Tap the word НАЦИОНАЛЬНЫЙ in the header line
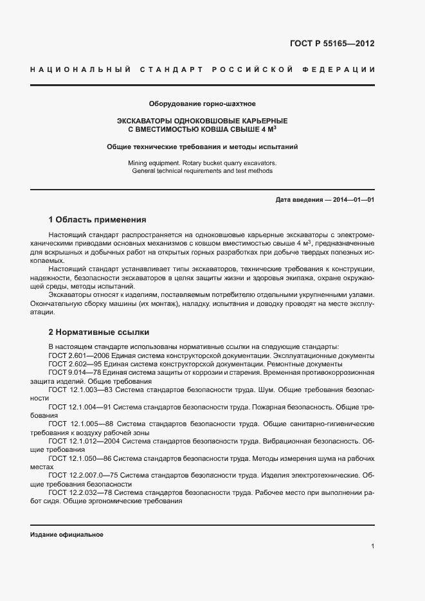click(80, 69)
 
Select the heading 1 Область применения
click(97, 220)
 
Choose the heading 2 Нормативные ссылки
click(99, 332)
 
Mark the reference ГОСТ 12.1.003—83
click(82, 390)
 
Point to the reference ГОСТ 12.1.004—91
click(82, 407)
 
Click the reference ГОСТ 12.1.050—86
click(82, 458)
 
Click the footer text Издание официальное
click(67, 535)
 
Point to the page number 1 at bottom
click(372, 546)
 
